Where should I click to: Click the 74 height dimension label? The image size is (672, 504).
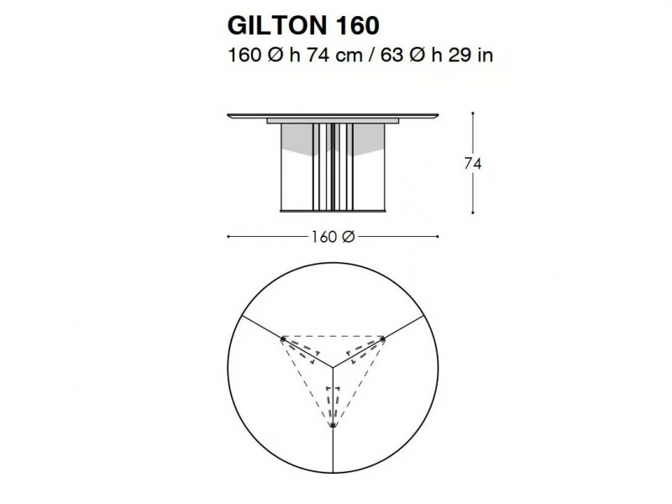[x=473, y=164]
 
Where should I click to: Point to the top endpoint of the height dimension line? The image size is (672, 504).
[x=473, y=113]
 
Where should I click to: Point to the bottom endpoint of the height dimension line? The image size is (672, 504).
[x=473, y=213]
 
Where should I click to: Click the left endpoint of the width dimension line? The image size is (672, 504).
[x=228, y=236]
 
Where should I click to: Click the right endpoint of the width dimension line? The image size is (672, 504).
[x=438, y=236]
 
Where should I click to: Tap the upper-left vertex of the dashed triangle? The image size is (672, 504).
[x=282, y=339]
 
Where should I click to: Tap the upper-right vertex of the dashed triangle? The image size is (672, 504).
[x=383, y=339]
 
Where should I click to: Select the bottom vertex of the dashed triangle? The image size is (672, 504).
[x=333, y=426]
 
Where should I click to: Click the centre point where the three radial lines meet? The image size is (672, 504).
[x=333, y=367]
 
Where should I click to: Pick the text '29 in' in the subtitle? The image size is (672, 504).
[x=470, y=55]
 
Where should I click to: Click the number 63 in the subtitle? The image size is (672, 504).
[x=391, y=55]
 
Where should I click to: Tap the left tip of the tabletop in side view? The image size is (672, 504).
[x=228, y=114]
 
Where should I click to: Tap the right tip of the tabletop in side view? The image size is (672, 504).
[x=438, y=114]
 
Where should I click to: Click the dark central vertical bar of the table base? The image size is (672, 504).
[x=333, y=167]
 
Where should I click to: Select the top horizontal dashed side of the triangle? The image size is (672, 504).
[x=333, y=337]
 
